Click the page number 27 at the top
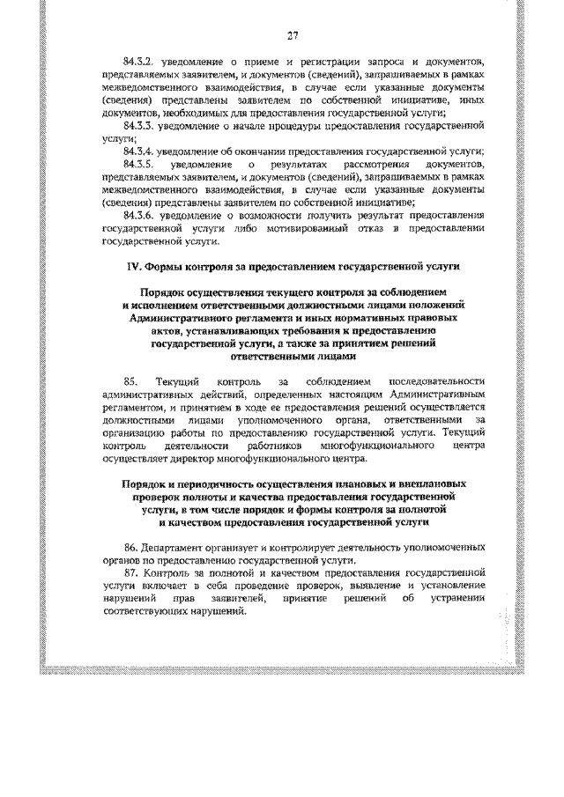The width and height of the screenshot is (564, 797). (x=293, y=35)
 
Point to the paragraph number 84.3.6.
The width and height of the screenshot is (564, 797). (x=141, y=214)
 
